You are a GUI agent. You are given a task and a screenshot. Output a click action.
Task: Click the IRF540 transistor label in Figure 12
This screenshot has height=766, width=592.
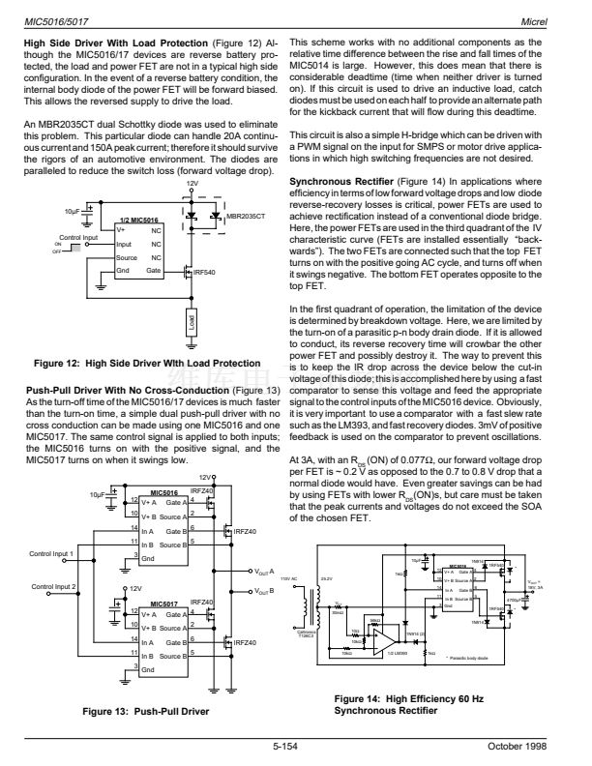point(206,273)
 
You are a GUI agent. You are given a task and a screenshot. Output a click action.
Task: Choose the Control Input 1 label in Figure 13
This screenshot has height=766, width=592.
point(52,553)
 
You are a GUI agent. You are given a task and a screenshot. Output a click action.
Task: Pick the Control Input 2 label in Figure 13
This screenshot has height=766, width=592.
point(52,587)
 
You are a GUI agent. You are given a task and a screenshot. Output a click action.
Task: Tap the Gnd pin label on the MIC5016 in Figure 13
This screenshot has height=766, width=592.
point(146,558)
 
